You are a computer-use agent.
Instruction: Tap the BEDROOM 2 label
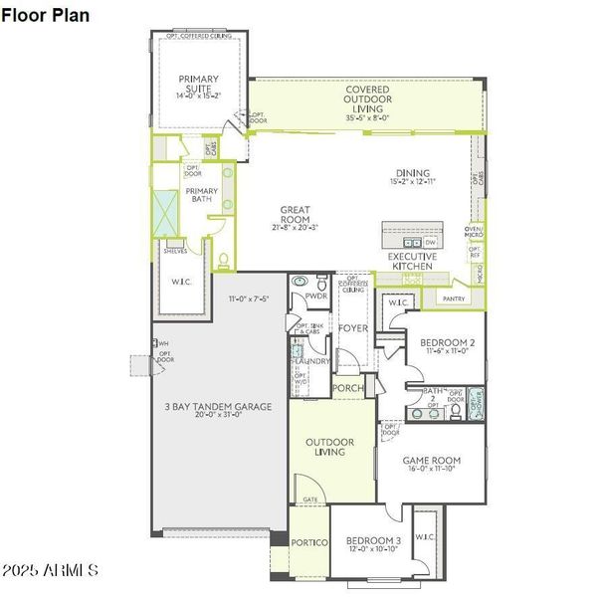444,343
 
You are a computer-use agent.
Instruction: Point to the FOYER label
352,327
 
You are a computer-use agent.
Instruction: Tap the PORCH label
347,388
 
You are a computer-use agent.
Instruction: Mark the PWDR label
316,296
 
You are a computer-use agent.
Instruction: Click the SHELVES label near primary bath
175,252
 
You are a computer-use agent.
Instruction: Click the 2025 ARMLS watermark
50,571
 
